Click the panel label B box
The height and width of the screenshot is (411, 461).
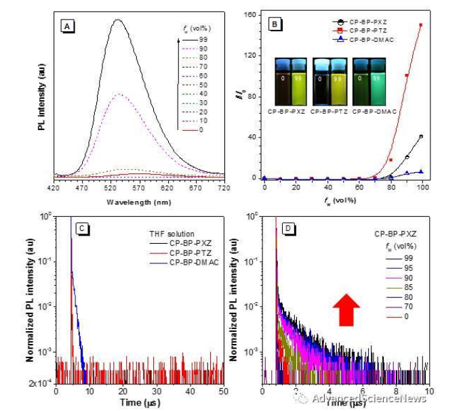(275, 24)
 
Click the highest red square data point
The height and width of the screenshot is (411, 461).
(421, 25)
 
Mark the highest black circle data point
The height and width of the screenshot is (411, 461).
(421, 136)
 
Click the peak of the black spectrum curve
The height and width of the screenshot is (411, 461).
(119, 20)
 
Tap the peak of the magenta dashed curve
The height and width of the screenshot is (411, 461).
(120, 94)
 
